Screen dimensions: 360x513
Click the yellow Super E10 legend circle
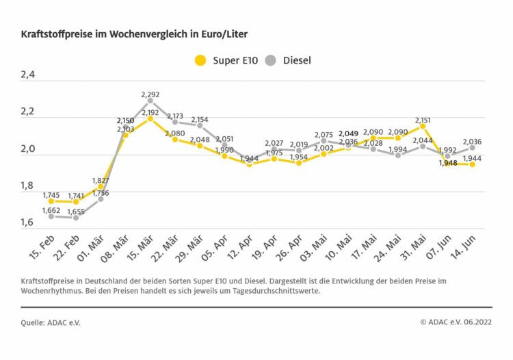point(200,60)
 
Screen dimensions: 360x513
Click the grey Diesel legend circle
point(270,60)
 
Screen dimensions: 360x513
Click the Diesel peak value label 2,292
point(150,94)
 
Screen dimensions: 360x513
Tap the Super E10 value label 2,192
point(150,112)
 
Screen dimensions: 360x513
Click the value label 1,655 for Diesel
point(77,211)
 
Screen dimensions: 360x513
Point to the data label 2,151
point(423,120)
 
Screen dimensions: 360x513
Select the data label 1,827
point(101,180)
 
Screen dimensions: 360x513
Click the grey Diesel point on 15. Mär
point(150,101)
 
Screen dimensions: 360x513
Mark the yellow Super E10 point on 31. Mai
point(423,126)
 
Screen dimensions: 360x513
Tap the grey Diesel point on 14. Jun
point(472,148)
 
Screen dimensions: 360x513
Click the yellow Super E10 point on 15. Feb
point(51,201)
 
